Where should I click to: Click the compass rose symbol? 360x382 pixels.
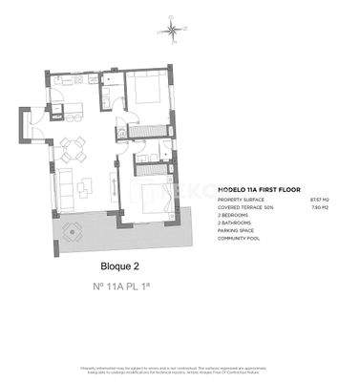click(x=172, y=32)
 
